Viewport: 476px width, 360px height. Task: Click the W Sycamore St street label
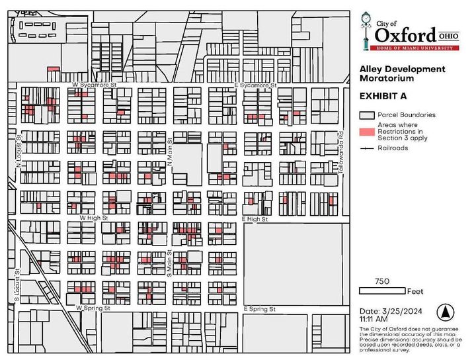95,85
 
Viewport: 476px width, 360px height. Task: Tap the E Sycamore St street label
255,85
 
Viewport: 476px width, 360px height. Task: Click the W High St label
93,217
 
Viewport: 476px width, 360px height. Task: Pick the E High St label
255,218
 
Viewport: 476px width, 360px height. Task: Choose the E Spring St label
258,309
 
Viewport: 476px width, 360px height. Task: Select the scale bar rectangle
382,291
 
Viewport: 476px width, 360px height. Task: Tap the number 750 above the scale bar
381,281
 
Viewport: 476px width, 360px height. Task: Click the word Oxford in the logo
405,33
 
